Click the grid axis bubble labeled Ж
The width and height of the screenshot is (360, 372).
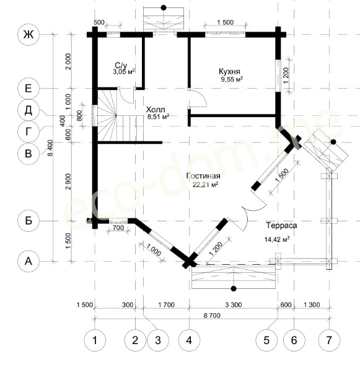[29, 35]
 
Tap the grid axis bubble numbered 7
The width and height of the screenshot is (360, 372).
[329, 340]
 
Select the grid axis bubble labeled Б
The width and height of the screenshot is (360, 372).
[29, 221]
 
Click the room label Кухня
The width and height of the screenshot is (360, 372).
[229, 71]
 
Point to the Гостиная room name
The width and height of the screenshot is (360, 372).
[203, 176]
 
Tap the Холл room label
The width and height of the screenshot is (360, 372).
[156, 110]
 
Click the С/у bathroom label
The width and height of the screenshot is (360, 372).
[121, 65]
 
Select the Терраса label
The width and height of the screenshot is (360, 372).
[281, 225]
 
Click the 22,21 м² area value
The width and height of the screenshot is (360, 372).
[205, 184]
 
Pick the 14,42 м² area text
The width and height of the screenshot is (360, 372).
[277, 239]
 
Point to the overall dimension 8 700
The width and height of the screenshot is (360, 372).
[212, 316]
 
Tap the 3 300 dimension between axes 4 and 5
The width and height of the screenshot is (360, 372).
[234, 304]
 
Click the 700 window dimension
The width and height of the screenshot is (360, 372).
[118, 228]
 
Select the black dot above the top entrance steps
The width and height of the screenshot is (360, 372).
[164, 7]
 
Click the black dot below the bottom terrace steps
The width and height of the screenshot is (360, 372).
[234, 288]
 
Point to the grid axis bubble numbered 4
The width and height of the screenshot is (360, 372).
[189, 340]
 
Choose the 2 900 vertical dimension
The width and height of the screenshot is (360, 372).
[69, 182]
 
